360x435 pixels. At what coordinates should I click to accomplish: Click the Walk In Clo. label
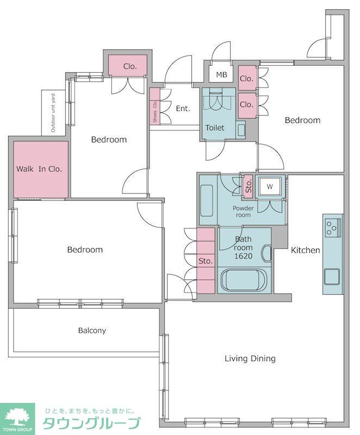point(39,169)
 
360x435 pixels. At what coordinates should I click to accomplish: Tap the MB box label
point(222,74)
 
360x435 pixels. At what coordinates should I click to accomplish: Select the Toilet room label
point(215,128)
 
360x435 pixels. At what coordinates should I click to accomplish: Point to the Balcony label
point(92,331)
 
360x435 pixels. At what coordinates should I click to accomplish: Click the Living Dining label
point(250,358)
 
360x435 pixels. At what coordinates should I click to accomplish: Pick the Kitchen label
point(305,250)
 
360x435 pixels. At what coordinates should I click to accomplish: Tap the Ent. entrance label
point(183,108)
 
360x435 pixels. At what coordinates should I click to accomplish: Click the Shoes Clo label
point(155,112)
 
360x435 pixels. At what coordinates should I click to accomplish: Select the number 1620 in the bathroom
point(243,256)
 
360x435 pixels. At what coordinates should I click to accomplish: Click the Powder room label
point(243,212)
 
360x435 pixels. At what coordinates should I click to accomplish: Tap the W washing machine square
point(270,187)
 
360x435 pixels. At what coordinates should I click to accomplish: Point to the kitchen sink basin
point(332,277)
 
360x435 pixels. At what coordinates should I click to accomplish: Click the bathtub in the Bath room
point(244,280)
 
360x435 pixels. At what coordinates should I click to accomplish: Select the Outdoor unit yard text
point(53,113)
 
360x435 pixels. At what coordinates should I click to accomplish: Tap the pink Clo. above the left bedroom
point(127,65)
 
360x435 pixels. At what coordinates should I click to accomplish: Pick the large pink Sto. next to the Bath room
point(206,260)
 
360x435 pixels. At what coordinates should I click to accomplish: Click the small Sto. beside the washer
point(248,186)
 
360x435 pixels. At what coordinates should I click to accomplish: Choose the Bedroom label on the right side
point(302,120)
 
